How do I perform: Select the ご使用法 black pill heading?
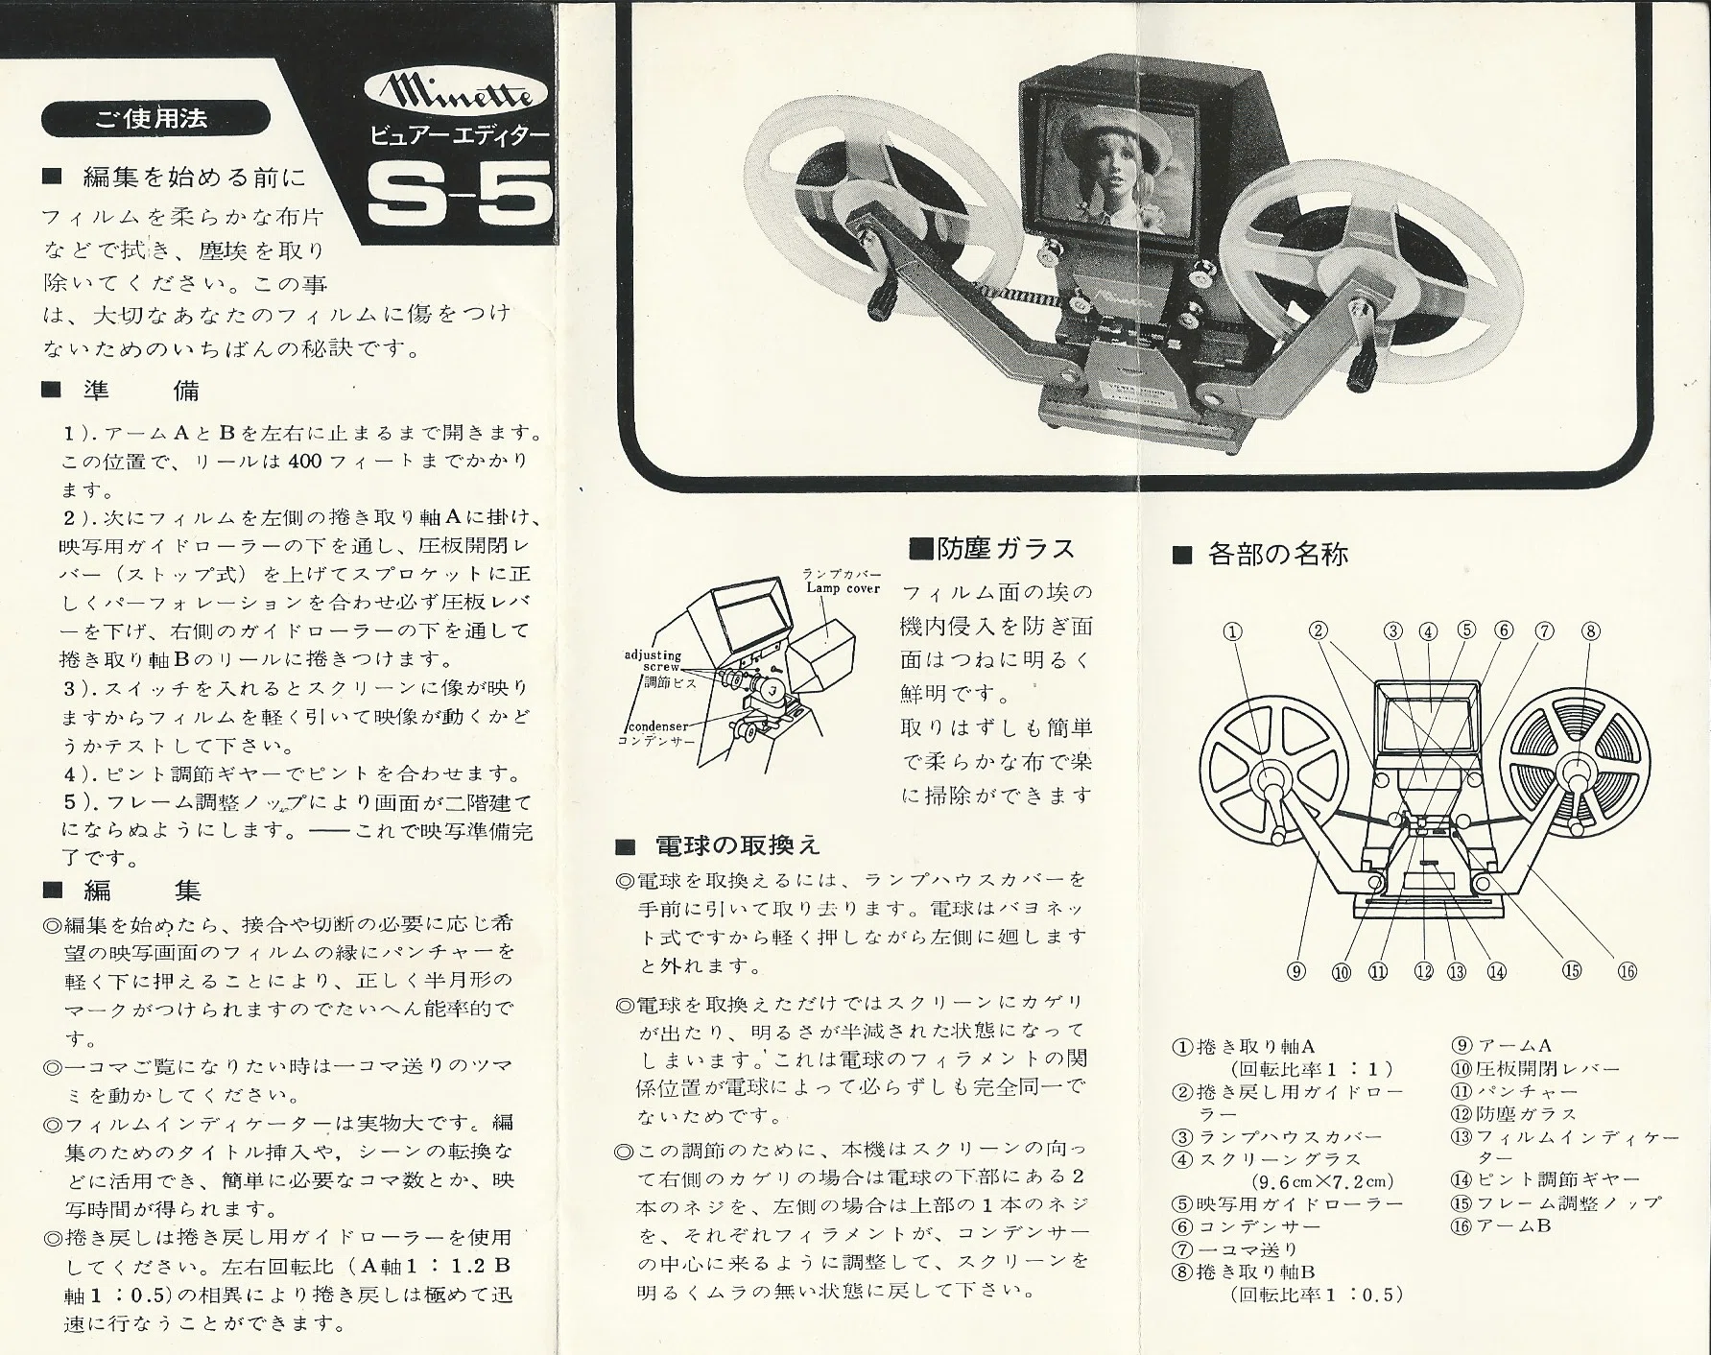(154, 119)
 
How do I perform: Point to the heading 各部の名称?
(1261, 554)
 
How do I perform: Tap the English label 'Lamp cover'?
(843, 588)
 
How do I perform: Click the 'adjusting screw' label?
(653, 660)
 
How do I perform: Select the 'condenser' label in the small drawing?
(659, 727)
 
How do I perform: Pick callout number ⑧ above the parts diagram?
(1590, 631)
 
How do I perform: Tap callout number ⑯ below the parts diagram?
(1627, 971)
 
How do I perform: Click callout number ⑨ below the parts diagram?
(1295, 971)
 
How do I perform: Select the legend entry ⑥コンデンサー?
(1246, 1226)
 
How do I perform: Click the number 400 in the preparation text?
(304, 461)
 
